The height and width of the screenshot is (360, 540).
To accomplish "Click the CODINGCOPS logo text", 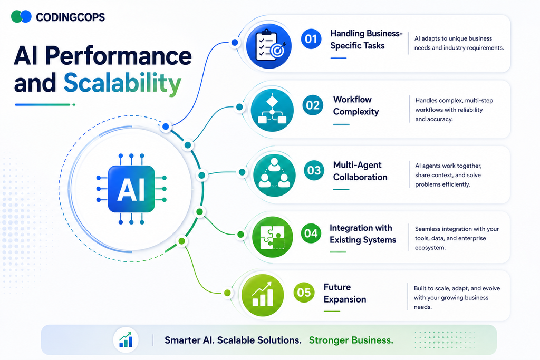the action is pyautogui.click(x=70, y=17).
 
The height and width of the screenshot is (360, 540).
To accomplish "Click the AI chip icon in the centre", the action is pyautogui.click(x=131, y=189).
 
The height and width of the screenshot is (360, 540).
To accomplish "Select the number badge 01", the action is pyautogui.click(x=311, y=39).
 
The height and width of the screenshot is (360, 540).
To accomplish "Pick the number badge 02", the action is pyautogui.click(x=313, y=105).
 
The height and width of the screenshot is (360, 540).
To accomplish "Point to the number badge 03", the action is pyautogui.click(x=314, y=170).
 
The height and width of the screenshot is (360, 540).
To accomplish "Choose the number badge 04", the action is pyautogui.click(x=311, y=233).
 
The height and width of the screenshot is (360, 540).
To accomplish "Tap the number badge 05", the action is pyautogui.click(x=304, y=293).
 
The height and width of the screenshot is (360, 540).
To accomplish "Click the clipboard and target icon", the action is pyautogui.click(x=269, y=46).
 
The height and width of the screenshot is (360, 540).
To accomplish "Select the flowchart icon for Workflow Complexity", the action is pyautogui.click(x=272, y=110).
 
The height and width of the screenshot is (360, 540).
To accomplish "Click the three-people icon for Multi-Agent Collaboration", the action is pyautogui.click(x=274, y=175).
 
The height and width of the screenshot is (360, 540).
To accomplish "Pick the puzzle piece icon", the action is pyautogui.click(x=273, y=237).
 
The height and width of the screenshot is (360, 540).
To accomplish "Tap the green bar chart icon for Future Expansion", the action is pyautogui.click(x=263, y=295).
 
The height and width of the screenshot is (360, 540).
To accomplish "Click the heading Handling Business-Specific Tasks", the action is pyautogui.click(x=366, y=40).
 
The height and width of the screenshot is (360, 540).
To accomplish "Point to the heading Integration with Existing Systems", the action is pyautogui.click(x=363, y=233).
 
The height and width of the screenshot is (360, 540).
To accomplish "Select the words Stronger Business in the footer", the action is pyautogui.click(x=351, y=340).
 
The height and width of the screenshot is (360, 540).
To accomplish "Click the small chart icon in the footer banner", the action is pyautogui.click(x=126, y=339).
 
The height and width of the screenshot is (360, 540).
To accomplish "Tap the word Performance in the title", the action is pyautogui.click(x=119, y=56).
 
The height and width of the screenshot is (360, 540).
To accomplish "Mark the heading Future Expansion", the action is pyautogui.click(x=345, y=293).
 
